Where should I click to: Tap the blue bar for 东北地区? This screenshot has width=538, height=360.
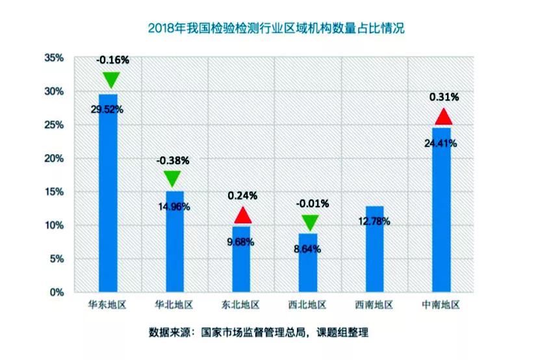242,260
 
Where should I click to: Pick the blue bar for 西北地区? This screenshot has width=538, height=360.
309,263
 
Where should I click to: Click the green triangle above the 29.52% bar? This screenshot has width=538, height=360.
111,79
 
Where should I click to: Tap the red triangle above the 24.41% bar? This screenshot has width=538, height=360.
443,118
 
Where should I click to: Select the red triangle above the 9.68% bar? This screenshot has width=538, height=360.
243,216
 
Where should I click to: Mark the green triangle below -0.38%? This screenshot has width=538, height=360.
173,178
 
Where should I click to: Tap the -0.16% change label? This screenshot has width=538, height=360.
112,60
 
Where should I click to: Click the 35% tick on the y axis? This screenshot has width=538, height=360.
54,58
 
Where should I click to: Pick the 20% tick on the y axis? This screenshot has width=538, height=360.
54,158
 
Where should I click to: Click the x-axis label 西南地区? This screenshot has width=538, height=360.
376,305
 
